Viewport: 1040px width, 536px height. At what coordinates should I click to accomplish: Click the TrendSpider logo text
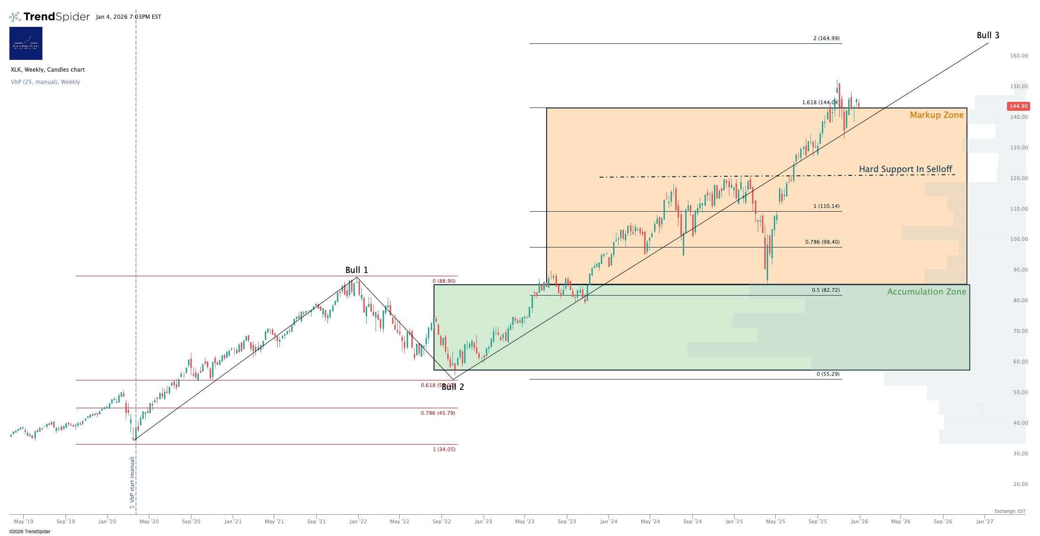coord(56,17)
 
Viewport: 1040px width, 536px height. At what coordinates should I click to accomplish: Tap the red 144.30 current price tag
coord(1018,106)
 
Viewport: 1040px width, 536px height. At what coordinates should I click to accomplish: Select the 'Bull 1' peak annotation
coord(356,270)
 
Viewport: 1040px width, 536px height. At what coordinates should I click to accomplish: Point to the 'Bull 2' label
coord(453,387)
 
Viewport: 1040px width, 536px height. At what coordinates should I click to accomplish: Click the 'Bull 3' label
coord(988,35)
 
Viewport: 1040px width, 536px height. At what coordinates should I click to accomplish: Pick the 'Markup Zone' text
coord(936,115)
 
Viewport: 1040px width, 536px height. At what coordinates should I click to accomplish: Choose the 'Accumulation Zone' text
coord(926,292)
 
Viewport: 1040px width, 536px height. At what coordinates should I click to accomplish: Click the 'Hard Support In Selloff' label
coord(905,169)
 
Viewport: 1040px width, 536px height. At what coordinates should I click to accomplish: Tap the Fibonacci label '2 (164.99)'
coord(826,38)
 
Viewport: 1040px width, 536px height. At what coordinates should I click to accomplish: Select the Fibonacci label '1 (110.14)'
coord(826,206)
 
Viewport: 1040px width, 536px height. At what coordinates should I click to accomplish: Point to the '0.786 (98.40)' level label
coord(822,242)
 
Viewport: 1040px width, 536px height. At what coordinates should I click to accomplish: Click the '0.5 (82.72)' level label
coord(826,290)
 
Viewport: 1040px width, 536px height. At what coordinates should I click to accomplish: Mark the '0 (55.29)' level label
coord(828,374)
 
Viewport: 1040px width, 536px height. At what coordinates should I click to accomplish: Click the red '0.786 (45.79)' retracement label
coord(438,413)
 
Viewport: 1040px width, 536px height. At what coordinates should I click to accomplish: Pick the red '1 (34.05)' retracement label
coord(444,449)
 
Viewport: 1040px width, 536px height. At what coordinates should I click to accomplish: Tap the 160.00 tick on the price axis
coord(1019,56)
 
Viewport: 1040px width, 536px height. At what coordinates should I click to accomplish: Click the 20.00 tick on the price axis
coord(1021,484)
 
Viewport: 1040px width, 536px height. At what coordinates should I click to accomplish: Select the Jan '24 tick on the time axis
coord(608,521)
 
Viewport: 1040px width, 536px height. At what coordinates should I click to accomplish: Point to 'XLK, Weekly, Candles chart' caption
coord(48,70)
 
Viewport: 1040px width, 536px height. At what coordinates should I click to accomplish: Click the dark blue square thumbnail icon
coord(26,43)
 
